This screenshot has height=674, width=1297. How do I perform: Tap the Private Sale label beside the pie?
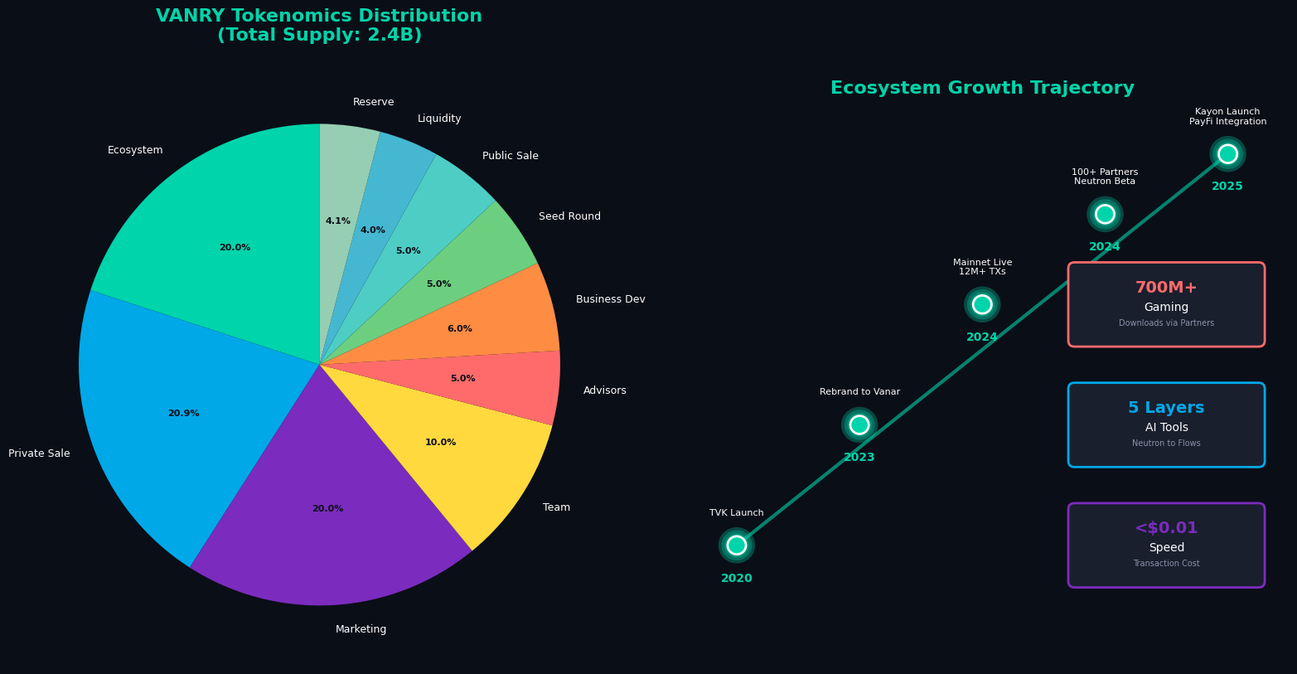[x=39, y=453]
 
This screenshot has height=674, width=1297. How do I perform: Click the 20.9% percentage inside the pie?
[x=183, y=414]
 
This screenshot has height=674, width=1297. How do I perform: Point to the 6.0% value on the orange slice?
[x=459, y=329]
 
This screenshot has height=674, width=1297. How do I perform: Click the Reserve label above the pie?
[x=374, y=102]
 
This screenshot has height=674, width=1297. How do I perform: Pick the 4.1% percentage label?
[x=337, y=221]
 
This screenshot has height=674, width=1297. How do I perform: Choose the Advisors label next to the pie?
[x=605, y=390]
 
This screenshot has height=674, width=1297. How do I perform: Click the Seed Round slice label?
[x=569, y=216]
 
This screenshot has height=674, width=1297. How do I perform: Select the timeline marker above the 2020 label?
[x=737, y=545]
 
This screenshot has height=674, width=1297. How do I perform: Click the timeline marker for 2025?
[x=1227, y=154]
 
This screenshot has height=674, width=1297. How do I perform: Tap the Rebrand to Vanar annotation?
[x=859, y=392]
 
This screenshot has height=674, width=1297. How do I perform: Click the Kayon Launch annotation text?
[x=1227, y=112]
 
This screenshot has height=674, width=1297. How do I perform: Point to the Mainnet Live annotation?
[x=982, y=263]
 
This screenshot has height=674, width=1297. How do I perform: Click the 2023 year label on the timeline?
[x=859, y=458]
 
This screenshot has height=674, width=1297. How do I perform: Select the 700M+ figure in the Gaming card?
[x=1166, y=288]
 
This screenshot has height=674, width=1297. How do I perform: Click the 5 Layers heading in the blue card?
[x=1166, y=408]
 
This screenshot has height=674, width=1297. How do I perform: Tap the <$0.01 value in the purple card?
[x=1166, y=528]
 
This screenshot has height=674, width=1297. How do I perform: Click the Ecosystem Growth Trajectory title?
[x=982, y=89]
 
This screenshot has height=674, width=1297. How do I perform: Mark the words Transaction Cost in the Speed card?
[x=1166, y=564]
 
